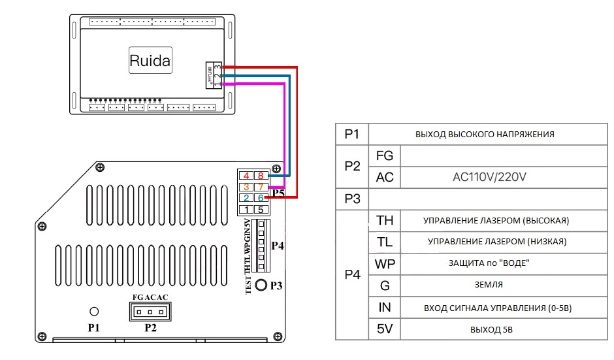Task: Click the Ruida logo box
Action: (x=150, y=61)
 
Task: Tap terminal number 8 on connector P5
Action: (x=260, y=175)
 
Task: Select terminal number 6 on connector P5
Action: (x=260, y=197)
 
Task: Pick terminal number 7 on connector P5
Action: (x=260, y=186)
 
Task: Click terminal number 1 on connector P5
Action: (x=246, y=209)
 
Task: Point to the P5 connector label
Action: (x=278, y=193)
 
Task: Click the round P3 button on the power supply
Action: (x=261, y=286)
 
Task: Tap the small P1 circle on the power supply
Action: (x=94, y=311)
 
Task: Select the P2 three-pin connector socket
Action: (x=150, y=312)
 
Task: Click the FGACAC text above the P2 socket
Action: (x=150, y=298)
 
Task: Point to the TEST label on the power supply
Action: (x=249, y=285)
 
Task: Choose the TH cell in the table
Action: (x=385, y=220)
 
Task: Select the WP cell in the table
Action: (x=385, y=263)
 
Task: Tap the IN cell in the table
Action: (x=385, y=307)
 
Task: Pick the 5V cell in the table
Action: (x=385, y=329)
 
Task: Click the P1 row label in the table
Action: (x=352, y=134)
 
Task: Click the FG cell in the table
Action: (x=385, y=155)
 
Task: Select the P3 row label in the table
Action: (x=352, y=199)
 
